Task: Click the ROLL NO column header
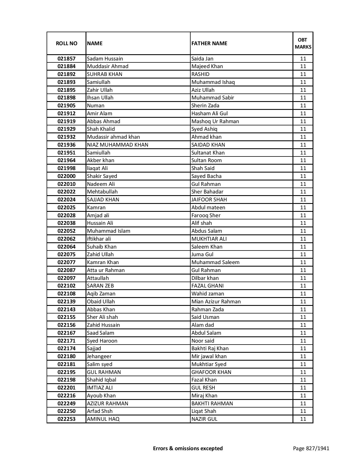point(66,43)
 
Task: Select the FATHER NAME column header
point(209,43)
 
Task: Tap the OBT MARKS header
point(303,43)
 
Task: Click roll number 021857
point(66,59)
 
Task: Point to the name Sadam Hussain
point(105,59)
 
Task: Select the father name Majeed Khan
point(207,66)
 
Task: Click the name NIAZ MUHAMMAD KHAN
point(117,145)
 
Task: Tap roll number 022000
point(66,176)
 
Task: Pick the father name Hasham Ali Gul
point(209,114)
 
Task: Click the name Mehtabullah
point(102,192)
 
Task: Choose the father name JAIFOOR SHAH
point(209,200)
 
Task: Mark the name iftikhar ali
point(99,239)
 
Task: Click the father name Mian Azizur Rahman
point(216,302)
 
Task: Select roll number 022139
point(66,302)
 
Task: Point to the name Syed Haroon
point(102,341)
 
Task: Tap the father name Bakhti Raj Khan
point(210,349)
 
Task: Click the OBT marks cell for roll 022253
point(303,419)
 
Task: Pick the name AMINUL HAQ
point(103,419)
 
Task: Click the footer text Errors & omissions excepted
point(188,448)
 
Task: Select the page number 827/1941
point(311,448)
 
